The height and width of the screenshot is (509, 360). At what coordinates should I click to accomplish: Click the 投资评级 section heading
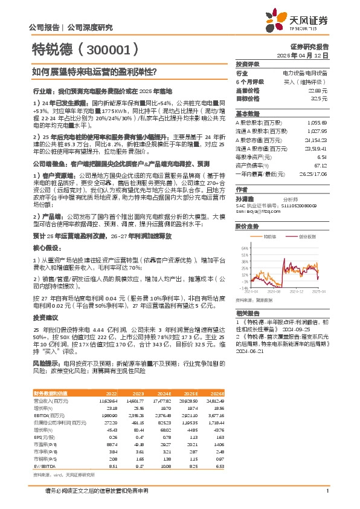pyautogui.click(x=248, y=63)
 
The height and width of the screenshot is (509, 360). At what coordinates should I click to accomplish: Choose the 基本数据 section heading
pyautogui.click(x=248, y=113)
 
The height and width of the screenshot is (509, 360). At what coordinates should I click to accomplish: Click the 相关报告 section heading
pyautogui.click(x=248, y=313)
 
